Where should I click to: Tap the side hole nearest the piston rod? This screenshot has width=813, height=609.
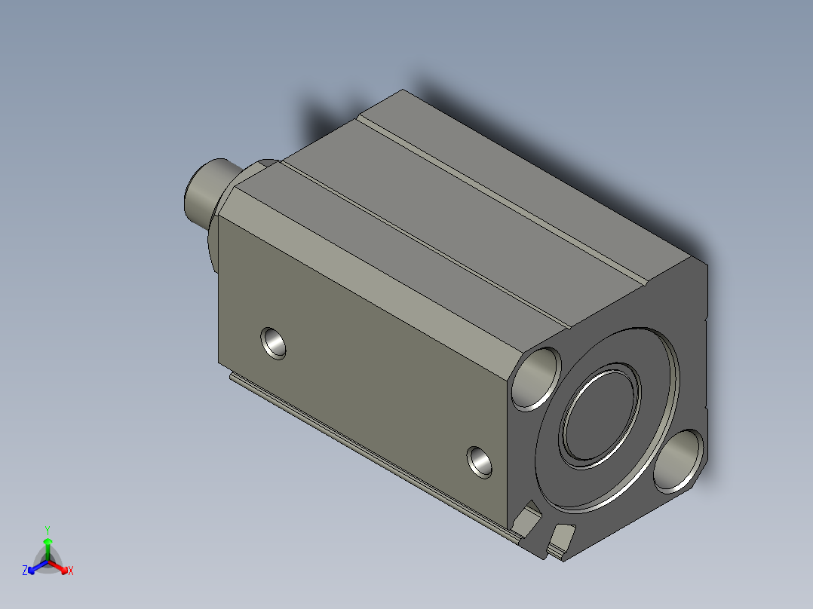pyautogui.click(x=274, y=343)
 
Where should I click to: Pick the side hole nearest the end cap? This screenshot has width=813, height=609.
pyautogui.click(x=480, y=461)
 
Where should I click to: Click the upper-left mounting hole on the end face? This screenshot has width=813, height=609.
pyautogui.click(x=537, y=378)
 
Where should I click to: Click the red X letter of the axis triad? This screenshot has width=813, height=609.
pyautogui.click(x=70, y=571)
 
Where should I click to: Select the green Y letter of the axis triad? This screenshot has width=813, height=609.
pyautogui.click(x=48, y=529)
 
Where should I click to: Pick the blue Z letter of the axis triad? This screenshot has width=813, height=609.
pyautogui.click(x=25, y=571)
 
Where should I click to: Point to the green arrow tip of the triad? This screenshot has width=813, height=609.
pyautogui.click(x=48, y=542)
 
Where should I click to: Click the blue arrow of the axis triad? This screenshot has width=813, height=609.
pyautogui.click(x=35, y=568)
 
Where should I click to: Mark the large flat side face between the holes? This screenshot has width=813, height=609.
pyautogui.click(x=370, y=377)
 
